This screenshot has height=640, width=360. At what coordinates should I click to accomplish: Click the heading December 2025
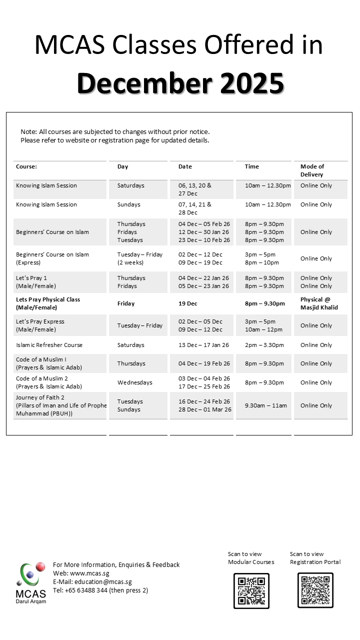180,83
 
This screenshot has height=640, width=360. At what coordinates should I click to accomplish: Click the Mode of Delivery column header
312,170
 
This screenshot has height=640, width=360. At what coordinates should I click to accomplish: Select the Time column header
252,166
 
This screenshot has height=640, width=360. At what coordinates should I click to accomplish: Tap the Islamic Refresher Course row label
49,345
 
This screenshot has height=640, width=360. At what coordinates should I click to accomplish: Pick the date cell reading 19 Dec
188,303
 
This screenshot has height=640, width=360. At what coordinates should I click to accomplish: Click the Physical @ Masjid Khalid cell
319,303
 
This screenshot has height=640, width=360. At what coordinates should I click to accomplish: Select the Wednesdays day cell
134,382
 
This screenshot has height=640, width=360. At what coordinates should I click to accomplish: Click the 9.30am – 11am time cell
266,405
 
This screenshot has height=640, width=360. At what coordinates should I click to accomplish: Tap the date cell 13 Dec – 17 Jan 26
204,345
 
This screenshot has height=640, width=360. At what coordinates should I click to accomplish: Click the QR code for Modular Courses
251,590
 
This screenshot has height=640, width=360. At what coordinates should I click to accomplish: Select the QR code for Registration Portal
315,590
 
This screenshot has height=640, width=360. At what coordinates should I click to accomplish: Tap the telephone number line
100,590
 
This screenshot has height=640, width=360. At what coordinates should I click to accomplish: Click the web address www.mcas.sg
90,573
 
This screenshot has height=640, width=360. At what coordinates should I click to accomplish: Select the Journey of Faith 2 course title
40,397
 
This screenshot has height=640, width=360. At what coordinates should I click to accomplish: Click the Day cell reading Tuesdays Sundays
130,405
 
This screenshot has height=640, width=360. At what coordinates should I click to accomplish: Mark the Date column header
185,166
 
